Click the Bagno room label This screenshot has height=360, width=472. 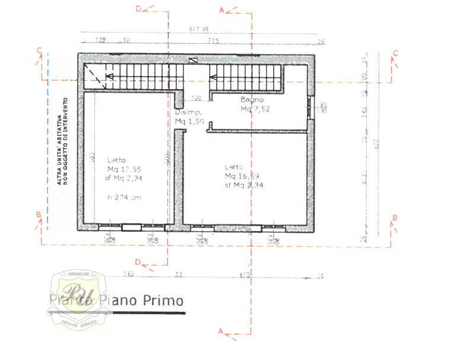[252, 100]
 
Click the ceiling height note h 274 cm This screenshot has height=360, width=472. [124, 197]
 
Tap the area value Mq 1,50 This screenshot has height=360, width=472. [189, 121]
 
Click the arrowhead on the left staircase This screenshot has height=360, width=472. [109, 76]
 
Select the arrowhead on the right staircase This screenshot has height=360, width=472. [211, 76]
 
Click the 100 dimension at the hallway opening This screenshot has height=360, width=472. [196, 98]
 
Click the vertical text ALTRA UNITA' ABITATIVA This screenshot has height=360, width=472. [60, 141]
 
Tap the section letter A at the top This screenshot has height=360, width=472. [222, 10]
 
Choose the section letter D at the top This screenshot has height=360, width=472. [139, 8]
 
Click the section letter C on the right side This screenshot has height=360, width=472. [395, 53]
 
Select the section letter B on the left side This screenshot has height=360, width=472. [37, 214]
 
